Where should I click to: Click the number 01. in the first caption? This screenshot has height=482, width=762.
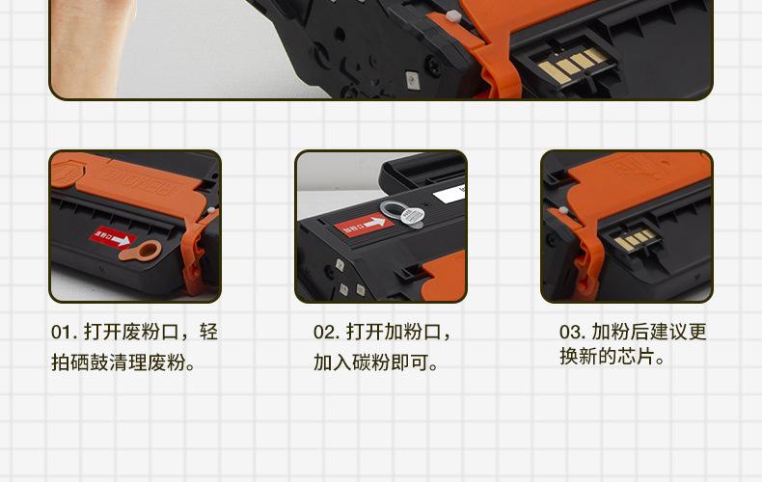point(64,333)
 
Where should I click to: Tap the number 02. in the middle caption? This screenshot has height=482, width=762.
point(326,333)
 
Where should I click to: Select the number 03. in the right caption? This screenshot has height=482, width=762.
point(572,333)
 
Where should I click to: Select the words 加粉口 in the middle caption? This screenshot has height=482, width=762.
point(409,333)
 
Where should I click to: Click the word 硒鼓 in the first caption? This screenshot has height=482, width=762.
point(104,363)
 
